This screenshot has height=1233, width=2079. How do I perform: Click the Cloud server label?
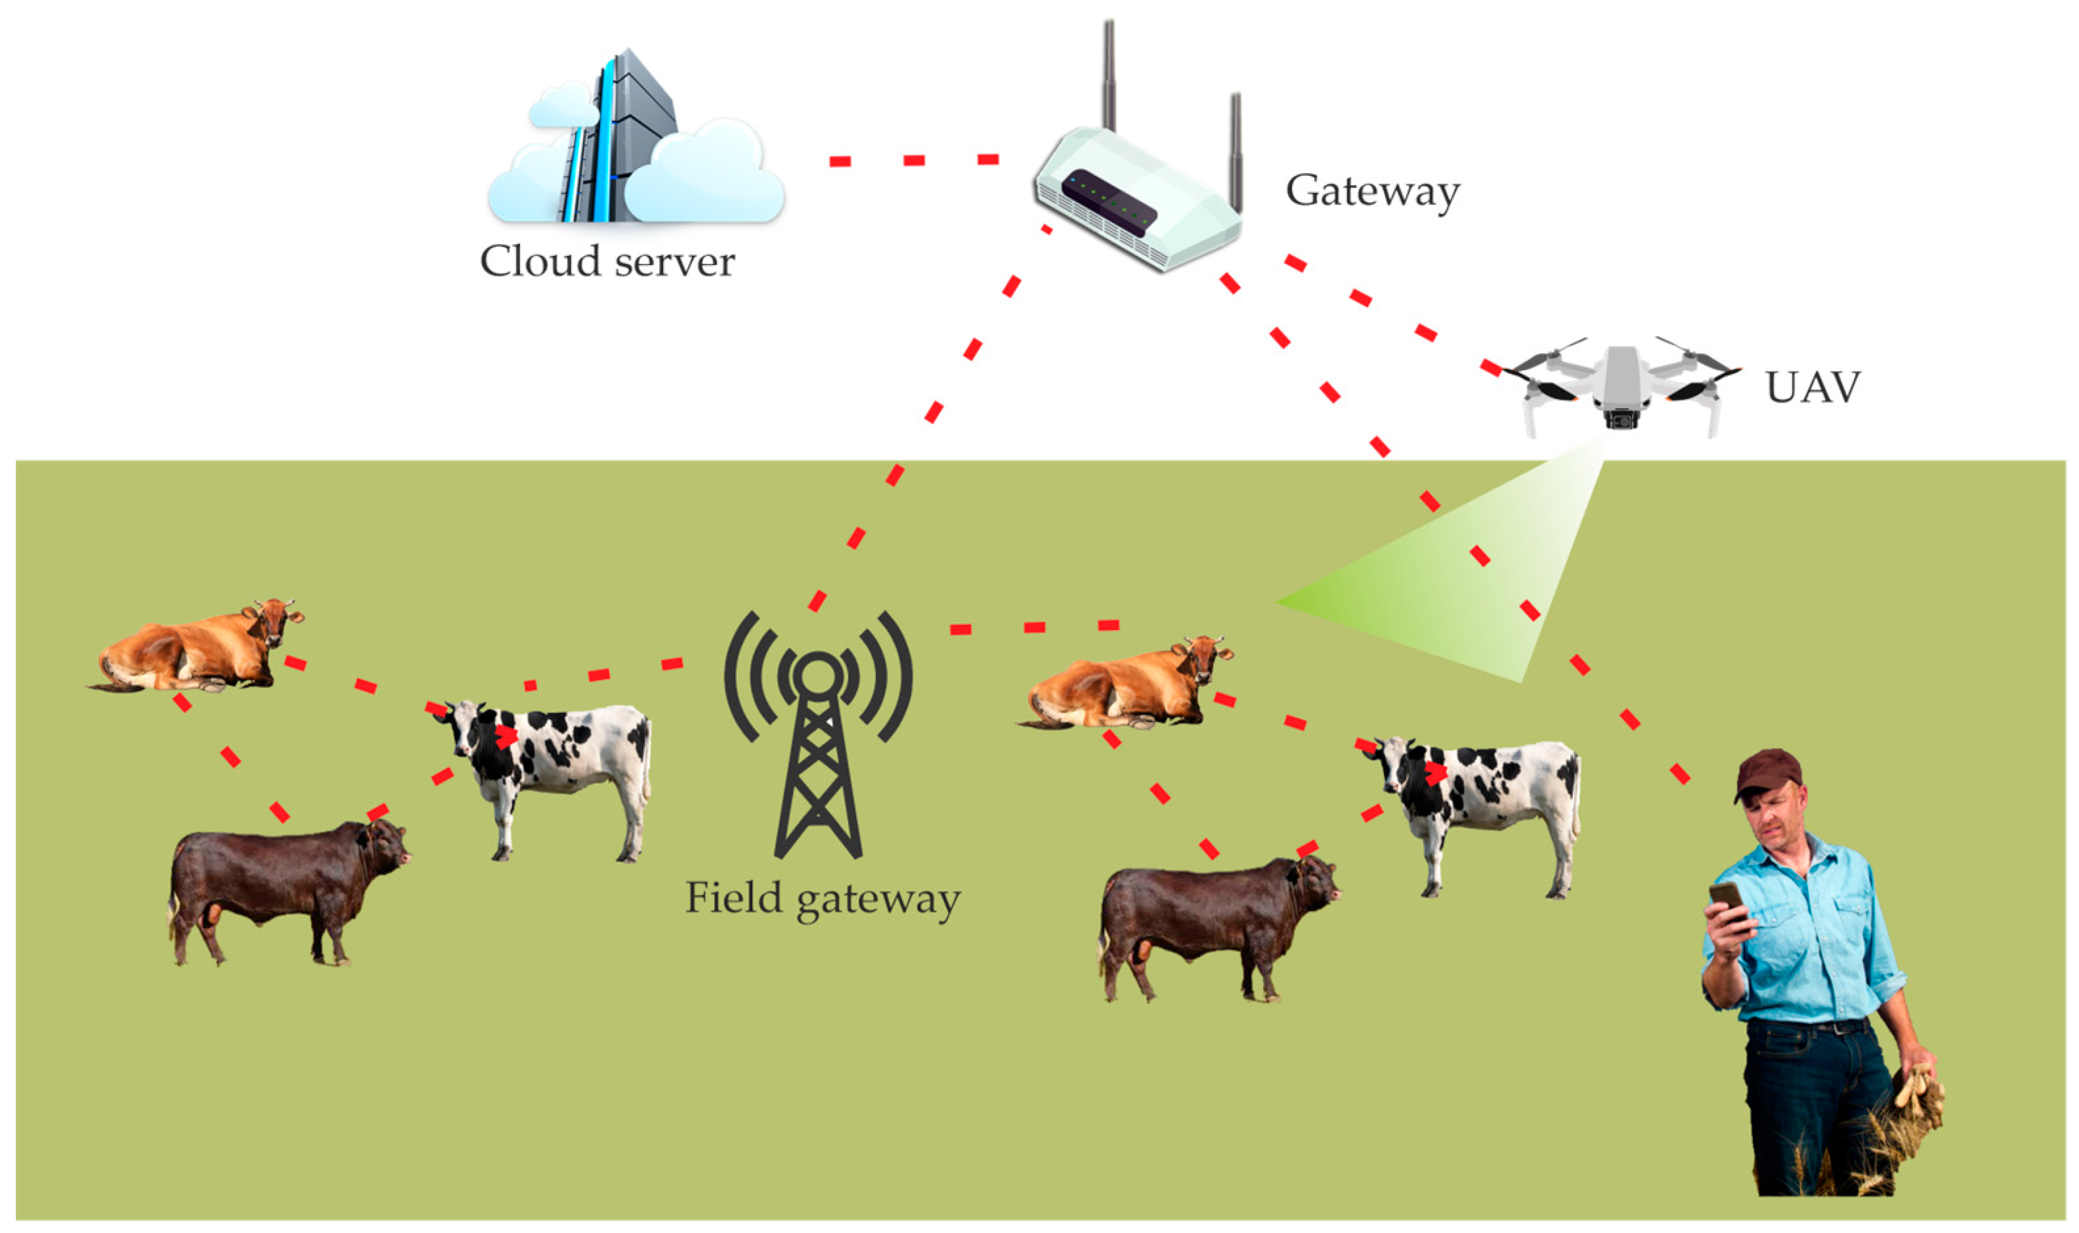tap(607, 261)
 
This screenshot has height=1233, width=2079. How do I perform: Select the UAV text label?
tap(1812, 387)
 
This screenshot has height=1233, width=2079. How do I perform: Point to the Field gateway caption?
tap(822, 900)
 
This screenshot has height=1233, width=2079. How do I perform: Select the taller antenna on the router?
tap(1109, 75)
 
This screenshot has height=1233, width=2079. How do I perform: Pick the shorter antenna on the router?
tap(1235, 150)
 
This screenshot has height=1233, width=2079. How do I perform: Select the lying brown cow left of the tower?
tap(200, 649)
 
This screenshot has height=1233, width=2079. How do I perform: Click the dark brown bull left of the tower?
tap(282, 889)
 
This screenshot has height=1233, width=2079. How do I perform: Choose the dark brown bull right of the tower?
tap(1213, 927)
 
